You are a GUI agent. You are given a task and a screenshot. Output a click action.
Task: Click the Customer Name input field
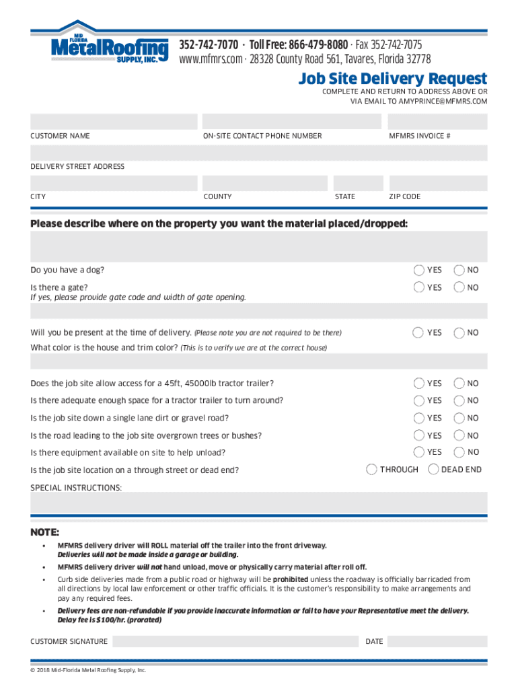click(114, 122)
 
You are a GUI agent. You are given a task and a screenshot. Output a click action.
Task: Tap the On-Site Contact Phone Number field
click(291, 122)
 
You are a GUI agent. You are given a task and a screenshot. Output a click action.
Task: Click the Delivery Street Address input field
click(259, 152)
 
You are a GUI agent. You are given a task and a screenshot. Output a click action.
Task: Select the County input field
click(265, 183)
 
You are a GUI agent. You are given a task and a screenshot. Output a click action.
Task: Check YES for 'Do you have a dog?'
click(418, 270)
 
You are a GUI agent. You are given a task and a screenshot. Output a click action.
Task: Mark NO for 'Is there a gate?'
click(459, 287)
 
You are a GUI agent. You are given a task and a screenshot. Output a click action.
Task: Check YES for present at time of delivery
click(418, 332)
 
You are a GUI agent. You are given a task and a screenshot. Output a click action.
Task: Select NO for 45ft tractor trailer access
click(459, 383)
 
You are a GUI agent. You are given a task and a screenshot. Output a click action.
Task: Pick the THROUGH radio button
click(371, 469)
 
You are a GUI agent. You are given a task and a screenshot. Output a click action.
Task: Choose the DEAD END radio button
click(433, 469)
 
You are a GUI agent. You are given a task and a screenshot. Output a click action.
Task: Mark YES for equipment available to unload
click(418, 452)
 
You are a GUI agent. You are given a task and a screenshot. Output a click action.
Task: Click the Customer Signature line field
click(235, 641)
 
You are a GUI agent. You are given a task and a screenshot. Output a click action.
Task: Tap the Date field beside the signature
click(437, 641)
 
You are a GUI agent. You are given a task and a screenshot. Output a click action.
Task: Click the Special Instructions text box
click(259, 502)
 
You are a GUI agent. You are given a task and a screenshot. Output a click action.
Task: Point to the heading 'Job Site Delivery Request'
click(393, 79)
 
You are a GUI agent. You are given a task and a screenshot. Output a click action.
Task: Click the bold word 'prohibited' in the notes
click(290, 579)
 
